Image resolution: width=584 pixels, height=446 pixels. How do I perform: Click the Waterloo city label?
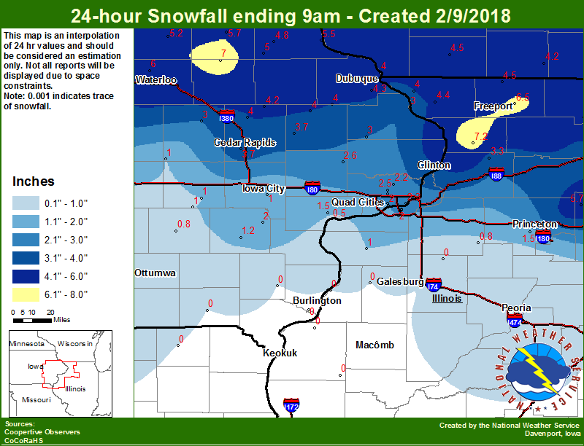[156, 79]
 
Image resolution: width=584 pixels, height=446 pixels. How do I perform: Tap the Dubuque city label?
[357, 78]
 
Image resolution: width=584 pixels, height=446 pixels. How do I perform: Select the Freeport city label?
[493, 106]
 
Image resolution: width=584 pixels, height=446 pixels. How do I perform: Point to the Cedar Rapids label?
[245, 142]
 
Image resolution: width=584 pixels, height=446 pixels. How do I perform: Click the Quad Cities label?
[358, 202]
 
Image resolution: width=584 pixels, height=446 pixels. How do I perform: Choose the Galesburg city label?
[400, 282]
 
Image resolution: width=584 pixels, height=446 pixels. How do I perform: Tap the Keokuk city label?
[280, 353]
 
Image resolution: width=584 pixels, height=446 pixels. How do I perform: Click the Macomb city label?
[374, 345]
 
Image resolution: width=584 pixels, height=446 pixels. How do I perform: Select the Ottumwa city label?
[155, 273]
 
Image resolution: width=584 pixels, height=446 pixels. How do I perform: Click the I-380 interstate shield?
[226, 117]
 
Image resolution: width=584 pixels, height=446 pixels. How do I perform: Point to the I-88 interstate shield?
[495, 174]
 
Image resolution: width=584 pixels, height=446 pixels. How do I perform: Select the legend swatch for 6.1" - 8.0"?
[26, 294]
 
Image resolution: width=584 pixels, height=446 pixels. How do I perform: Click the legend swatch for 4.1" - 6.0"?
[26, 276]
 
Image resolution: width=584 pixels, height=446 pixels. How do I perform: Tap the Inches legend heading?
[34, 181]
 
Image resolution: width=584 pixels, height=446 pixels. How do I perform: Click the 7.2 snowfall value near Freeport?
[480, 136]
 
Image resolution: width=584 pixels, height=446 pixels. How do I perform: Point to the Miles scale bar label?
[61, 319]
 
